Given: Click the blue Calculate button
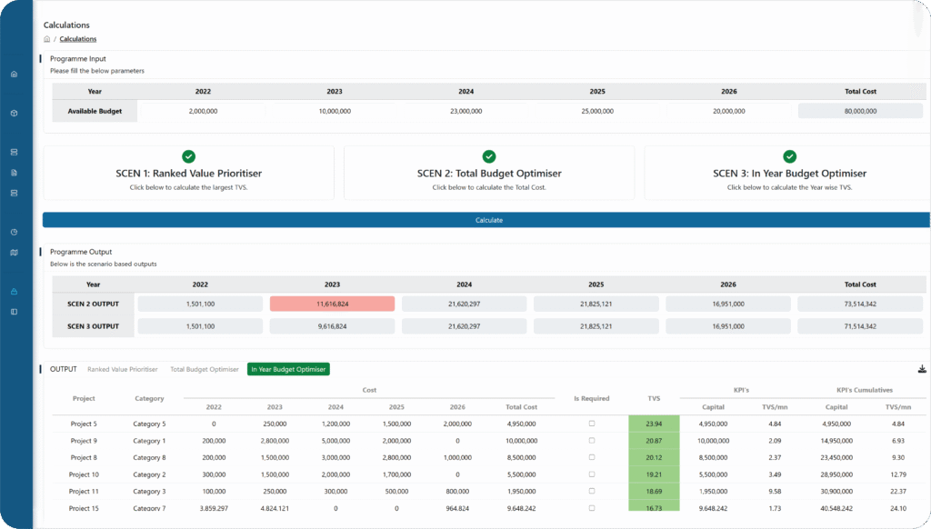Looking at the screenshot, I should pos(488,220).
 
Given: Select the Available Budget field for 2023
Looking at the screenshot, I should pos(335,111).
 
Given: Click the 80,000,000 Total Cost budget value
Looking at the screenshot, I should pos(860,111).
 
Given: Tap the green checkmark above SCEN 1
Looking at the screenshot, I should pos(188,156).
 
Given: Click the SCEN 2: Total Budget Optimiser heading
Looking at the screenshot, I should pos(489,173).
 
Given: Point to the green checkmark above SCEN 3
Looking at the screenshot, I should pos(789,156).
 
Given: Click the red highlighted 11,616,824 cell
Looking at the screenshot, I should pos(332,304).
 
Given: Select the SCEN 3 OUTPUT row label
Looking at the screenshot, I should pos(93,325).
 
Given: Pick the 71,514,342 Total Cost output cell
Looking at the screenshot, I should pos(860,325).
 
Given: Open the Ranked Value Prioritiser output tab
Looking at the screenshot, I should pos(122,369).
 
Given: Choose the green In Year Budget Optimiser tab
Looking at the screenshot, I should pos(288,369).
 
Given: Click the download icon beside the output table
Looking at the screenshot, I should pos(922,369).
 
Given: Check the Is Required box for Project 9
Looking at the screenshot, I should pos(592,441).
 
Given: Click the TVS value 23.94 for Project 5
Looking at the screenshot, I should pos(654,424).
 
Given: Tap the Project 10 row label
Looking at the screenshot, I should pos(84,474).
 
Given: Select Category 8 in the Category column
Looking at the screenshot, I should pos(149,457).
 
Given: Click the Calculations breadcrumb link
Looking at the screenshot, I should pos(78,39).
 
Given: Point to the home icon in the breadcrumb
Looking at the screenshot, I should pos(47,39).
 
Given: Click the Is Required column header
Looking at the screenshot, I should pos(592,397).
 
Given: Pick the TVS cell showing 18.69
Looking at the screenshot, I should pos(654,492).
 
